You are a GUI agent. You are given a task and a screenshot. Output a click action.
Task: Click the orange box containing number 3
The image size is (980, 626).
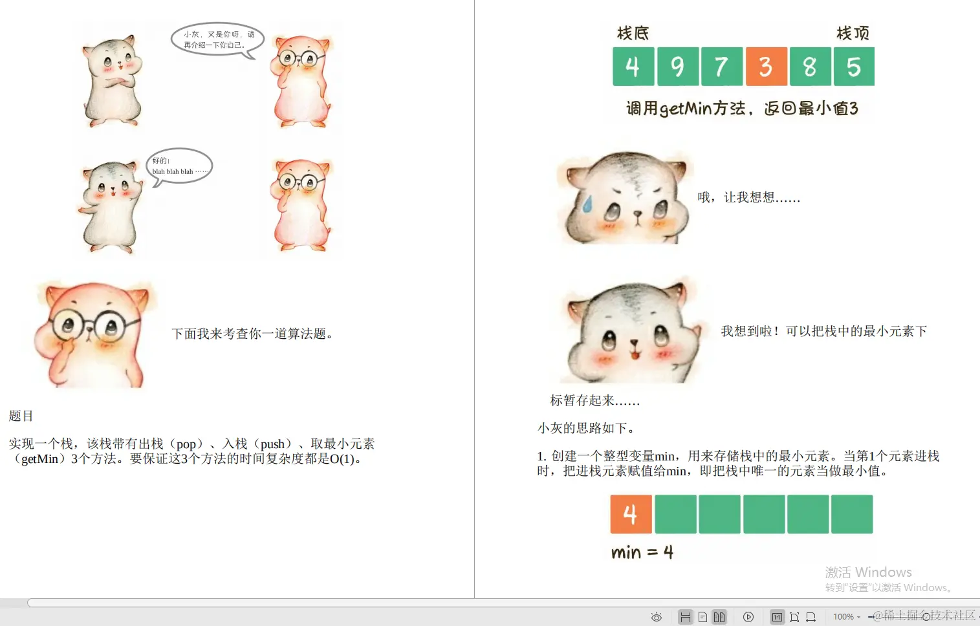coord(766,67)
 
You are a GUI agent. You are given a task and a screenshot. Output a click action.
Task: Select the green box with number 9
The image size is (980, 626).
coord(677,67)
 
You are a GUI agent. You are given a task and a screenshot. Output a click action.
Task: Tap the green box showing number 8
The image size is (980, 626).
coord(810,67)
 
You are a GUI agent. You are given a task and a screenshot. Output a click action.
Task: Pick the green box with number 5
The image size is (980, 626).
coord(854,67)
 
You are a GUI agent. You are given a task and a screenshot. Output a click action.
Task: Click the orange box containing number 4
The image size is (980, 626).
coord(631,514)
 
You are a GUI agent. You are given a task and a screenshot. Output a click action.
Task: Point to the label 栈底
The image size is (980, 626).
coord(633,33)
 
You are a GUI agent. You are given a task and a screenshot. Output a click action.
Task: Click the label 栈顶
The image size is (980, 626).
coord(853,33)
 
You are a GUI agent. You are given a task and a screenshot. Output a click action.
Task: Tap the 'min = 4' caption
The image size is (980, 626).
coord(642,552)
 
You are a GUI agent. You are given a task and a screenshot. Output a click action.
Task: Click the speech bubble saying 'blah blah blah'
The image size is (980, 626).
coord(180,166)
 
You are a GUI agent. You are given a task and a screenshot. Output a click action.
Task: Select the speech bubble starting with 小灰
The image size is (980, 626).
coord(218,39)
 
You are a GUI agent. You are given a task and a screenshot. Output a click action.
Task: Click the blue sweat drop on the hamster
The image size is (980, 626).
coord(587,204)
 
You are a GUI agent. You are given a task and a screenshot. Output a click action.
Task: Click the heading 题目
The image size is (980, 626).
coord(21,416)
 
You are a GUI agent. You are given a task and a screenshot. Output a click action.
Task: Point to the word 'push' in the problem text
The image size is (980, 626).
coord(272,444)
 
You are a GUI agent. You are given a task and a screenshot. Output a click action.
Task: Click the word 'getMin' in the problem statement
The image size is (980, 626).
coord(40,459)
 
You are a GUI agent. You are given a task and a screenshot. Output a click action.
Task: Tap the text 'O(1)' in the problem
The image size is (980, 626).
coord(343,459)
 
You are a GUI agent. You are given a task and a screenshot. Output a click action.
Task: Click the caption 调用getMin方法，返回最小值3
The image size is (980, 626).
coord(742,109)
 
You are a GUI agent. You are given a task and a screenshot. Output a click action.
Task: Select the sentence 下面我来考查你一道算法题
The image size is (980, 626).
coord(252,334)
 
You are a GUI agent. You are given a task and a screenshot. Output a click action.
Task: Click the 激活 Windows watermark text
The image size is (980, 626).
coord(868,572)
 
